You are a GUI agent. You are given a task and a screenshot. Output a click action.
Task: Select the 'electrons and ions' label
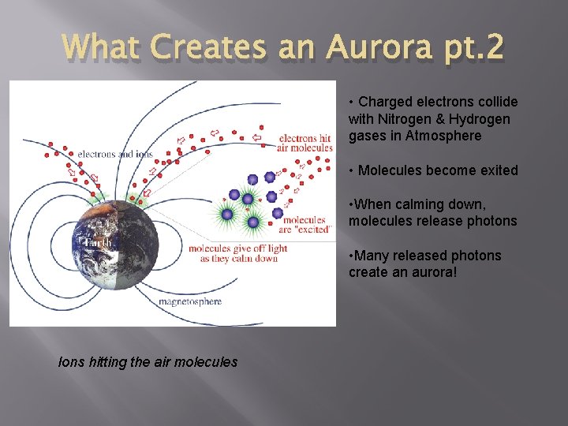115,154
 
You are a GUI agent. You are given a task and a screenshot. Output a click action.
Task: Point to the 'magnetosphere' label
189,301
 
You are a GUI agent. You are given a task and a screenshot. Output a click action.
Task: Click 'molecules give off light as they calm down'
237,253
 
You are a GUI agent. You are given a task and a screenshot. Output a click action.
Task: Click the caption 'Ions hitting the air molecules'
148,362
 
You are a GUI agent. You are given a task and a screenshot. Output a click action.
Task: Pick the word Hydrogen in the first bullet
482,119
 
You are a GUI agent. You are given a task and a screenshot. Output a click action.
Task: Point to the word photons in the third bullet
492,221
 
